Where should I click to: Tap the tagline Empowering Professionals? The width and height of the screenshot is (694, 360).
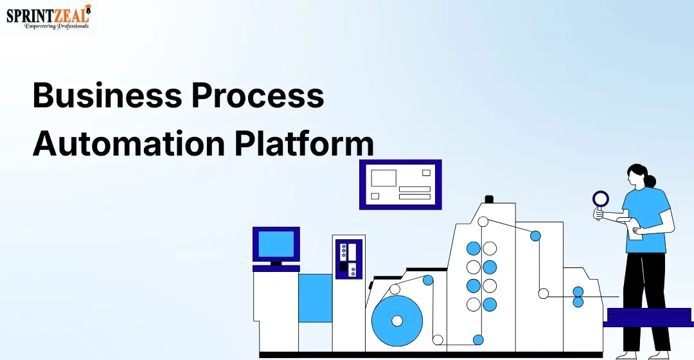[x=57, y=26]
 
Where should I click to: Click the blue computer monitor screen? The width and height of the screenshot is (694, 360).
[x=276, y=244]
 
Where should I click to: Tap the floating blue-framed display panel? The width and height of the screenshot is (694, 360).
[x=400, y=184]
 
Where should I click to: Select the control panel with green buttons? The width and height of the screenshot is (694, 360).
[x=348, y=259]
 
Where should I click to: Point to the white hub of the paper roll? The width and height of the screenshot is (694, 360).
[x=397, y=320]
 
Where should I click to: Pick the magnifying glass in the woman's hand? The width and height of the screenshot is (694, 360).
[x=600, y=199]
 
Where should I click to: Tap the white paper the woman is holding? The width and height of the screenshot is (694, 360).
[x=635, y=228]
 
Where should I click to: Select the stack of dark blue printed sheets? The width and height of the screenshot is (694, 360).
[x=649, y=317]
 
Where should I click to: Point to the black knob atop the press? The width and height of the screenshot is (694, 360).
[x=488, y=199]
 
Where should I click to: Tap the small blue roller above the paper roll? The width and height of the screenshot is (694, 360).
[x=428, y=280]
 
